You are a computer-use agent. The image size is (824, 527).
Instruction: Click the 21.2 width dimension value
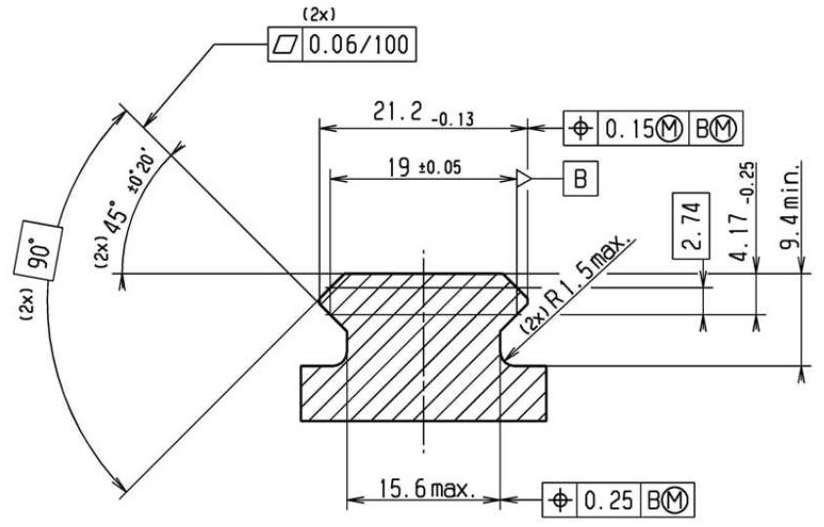click(x=397, y=110)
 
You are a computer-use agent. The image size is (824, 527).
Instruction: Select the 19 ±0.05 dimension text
click(x=424, y=167)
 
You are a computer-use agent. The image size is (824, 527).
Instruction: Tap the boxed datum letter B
click(x=581, y=179)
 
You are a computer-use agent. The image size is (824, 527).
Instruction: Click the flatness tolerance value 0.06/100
click(x=359, y=44)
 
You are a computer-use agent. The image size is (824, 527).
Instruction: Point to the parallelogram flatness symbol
click(x=285, y=44)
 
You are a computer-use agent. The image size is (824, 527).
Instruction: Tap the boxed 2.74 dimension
click(x=691, y=226)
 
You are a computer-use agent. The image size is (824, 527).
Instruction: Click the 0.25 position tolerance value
click(x=609, y=500)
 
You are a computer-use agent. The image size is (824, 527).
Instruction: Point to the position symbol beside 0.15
click(x=581, y=128)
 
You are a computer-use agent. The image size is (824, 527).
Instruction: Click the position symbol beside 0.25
click(x=560, y=500)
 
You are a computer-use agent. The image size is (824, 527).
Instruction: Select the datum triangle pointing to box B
click(x=525, y=179)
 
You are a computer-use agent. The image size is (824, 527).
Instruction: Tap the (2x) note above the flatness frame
click(x=319, y=16)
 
